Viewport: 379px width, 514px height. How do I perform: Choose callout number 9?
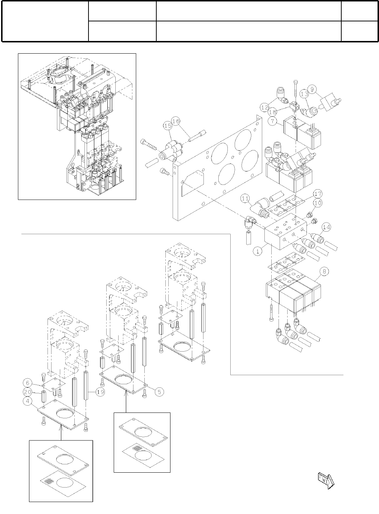313,88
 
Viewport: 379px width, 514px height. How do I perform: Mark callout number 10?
318,203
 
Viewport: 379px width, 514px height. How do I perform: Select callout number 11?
246,198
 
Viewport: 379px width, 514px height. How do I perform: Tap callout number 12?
265,107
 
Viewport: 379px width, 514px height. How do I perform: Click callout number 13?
305,94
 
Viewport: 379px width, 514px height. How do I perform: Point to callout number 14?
326,227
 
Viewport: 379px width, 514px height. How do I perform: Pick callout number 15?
167,126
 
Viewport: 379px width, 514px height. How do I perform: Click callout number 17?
318,193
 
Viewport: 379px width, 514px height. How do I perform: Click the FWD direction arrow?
325,479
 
